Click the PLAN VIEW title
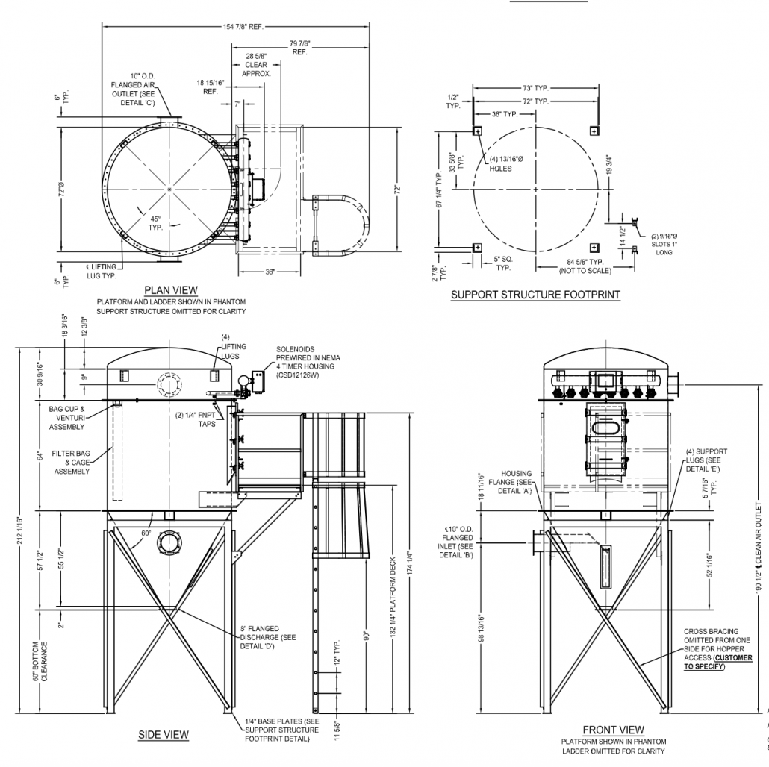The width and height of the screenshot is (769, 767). coord(172,290)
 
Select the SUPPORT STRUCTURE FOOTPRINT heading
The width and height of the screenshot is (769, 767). coord(535,295)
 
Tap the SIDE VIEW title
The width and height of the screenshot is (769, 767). coord(164,735)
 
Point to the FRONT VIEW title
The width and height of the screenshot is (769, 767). coord(613,729)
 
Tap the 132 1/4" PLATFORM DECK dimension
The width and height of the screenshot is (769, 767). coord(393,590)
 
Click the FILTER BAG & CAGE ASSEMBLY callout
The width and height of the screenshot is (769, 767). coord(72,462)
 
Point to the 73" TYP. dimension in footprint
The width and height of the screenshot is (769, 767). coord(535,88)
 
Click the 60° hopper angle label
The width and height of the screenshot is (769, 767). coord(145,533)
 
